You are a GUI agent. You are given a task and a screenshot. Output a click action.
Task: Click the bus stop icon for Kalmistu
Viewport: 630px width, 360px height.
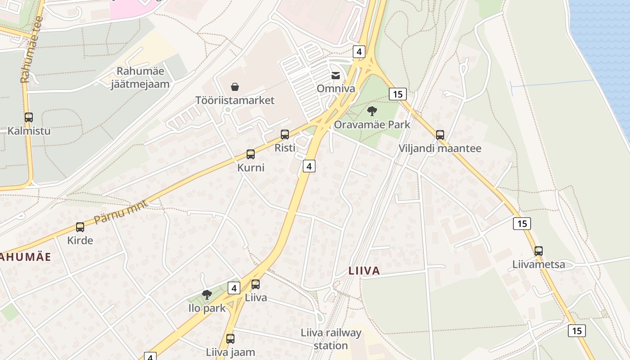(29, 117)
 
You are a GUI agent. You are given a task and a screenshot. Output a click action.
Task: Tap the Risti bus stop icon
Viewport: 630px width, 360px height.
(285, 134)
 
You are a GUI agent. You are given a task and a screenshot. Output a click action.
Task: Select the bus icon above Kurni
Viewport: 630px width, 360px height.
(251, 154)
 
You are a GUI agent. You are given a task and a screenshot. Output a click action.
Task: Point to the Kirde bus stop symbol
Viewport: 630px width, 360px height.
(80, 227)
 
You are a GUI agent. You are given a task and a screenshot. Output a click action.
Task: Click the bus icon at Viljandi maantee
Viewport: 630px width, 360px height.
(440, 135)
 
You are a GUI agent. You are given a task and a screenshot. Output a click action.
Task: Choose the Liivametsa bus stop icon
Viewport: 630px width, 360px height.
(539, 251)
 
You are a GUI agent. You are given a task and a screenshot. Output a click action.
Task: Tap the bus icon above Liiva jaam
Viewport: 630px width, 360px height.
(230, 339)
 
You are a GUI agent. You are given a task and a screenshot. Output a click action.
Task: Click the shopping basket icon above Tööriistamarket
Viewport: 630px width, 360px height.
(234, 86)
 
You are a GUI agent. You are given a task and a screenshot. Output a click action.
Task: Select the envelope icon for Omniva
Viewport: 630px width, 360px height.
(336, 76)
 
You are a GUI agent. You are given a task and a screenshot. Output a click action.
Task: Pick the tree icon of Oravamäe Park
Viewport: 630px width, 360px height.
(372, 111)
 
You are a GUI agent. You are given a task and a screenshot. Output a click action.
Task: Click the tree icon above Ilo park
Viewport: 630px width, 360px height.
(207, 295)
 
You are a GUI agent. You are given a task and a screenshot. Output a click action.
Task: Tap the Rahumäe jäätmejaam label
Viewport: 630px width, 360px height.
(140, 77)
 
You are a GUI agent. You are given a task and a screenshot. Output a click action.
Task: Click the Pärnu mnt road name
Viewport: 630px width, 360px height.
(115, 212)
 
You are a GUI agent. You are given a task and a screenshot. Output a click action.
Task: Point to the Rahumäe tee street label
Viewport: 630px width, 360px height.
(31, 49)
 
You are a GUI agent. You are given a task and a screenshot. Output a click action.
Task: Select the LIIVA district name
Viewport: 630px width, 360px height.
(364, 271)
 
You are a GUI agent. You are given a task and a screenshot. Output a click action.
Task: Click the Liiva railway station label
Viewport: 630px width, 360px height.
(331, 339)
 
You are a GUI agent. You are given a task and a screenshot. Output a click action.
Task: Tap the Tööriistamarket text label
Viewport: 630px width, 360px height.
(235, 100)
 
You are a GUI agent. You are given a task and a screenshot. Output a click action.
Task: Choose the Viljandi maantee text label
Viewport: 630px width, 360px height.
(440, 148)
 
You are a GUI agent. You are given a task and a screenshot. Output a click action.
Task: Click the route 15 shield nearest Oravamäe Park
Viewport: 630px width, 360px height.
(397, 94)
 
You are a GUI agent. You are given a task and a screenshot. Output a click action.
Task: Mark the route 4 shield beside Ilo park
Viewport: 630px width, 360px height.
(234, 288)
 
